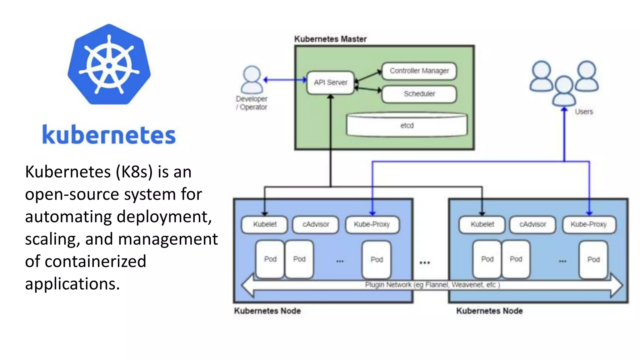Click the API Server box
(330, 82)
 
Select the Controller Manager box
(419, 71)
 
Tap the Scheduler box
(419, 94)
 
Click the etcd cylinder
(407, 125)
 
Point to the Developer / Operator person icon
(252, 80)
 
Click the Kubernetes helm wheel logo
(109, 65)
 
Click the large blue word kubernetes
(109, 135)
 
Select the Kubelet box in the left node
(264, 224)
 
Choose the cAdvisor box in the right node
(532, 224)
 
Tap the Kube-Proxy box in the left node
(372, 224)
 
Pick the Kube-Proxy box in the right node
(589, 224)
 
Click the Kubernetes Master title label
(330, 39)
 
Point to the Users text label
(583, 112)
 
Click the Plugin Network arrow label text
(432, 285)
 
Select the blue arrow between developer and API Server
(285, 80)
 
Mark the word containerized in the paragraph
(95, 262)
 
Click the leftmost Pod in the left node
(270, 259)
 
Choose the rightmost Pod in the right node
(593, 259)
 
